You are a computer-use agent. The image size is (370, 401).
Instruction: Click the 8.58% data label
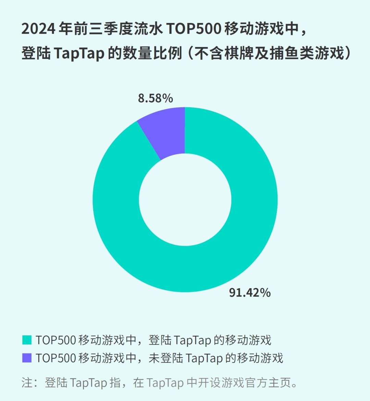coord(155,99)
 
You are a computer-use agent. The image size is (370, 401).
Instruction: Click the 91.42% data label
coord(250,293)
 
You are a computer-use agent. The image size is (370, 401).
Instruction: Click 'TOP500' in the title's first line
coord(194,29)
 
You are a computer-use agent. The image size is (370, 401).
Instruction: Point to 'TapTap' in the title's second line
coord(79,54)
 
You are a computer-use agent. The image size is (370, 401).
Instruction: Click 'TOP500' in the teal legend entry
coord(56,340)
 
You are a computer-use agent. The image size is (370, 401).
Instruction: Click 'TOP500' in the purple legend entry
coord(56,358)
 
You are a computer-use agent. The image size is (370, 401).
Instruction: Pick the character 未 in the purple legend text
coord(154,358)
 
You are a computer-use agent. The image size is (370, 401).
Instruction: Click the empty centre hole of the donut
coord(185,199)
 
